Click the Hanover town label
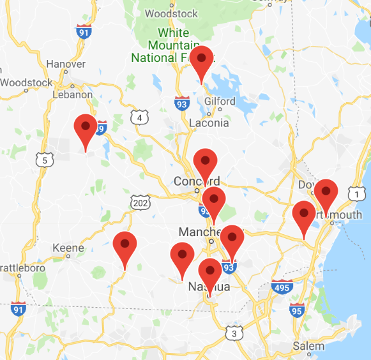66,64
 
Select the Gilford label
220,101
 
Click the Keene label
68,248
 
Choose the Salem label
308,347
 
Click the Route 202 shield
141,202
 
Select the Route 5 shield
43,160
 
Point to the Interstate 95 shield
296,311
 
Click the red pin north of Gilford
202,59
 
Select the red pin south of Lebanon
86,127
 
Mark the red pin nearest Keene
125,245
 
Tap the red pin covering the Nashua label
210,273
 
